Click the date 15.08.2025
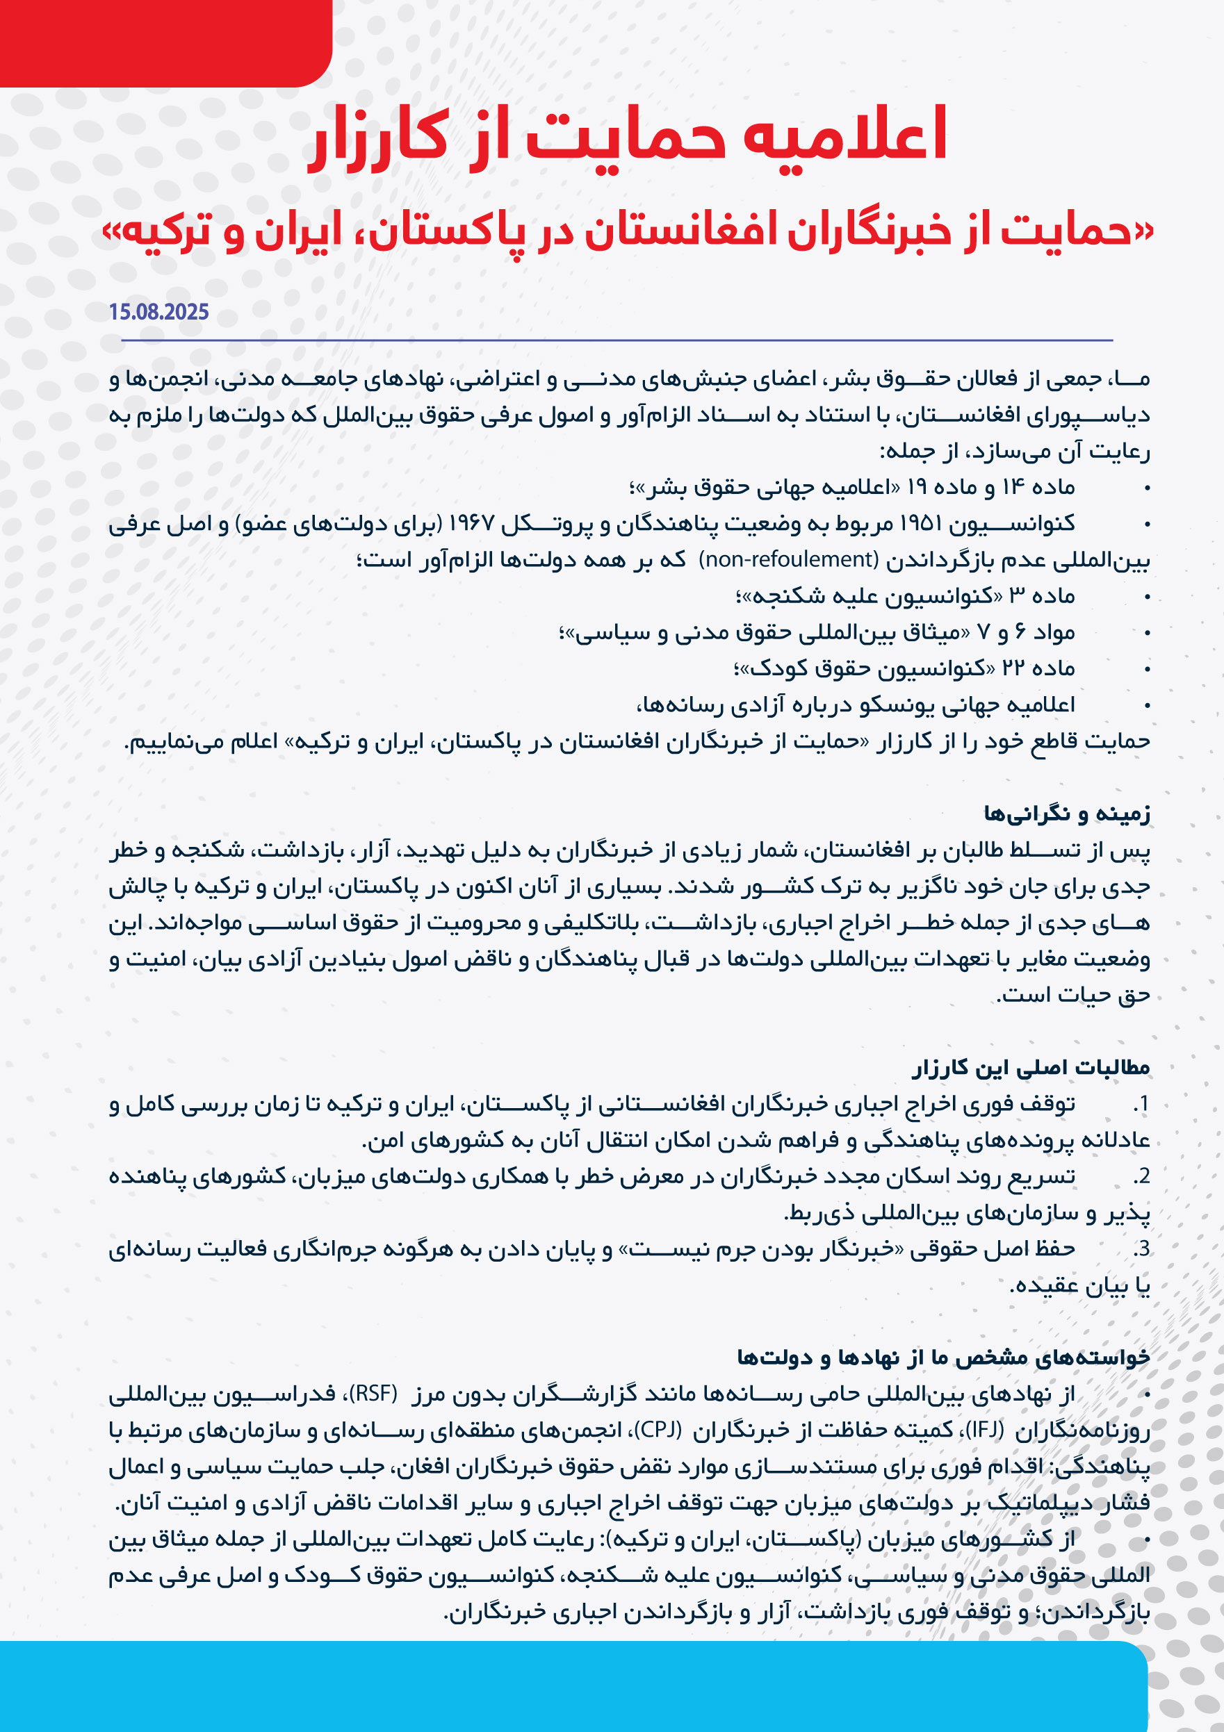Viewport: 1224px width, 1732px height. click(x=158, y=311)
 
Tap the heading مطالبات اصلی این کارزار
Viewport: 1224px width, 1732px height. click(x=1031, y=1067)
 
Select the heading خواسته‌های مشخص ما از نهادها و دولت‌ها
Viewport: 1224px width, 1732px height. click(x=943, y=1357)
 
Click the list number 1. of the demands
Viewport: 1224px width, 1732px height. click(x=1141, y=1105)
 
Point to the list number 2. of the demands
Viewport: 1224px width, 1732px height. click(x=1141, y=1177)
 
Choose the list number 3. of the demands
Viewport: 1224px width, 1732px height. click(x=1141, y=1249)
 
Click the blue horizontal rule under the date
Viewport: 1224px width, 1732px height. click(x=617, y=340)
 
